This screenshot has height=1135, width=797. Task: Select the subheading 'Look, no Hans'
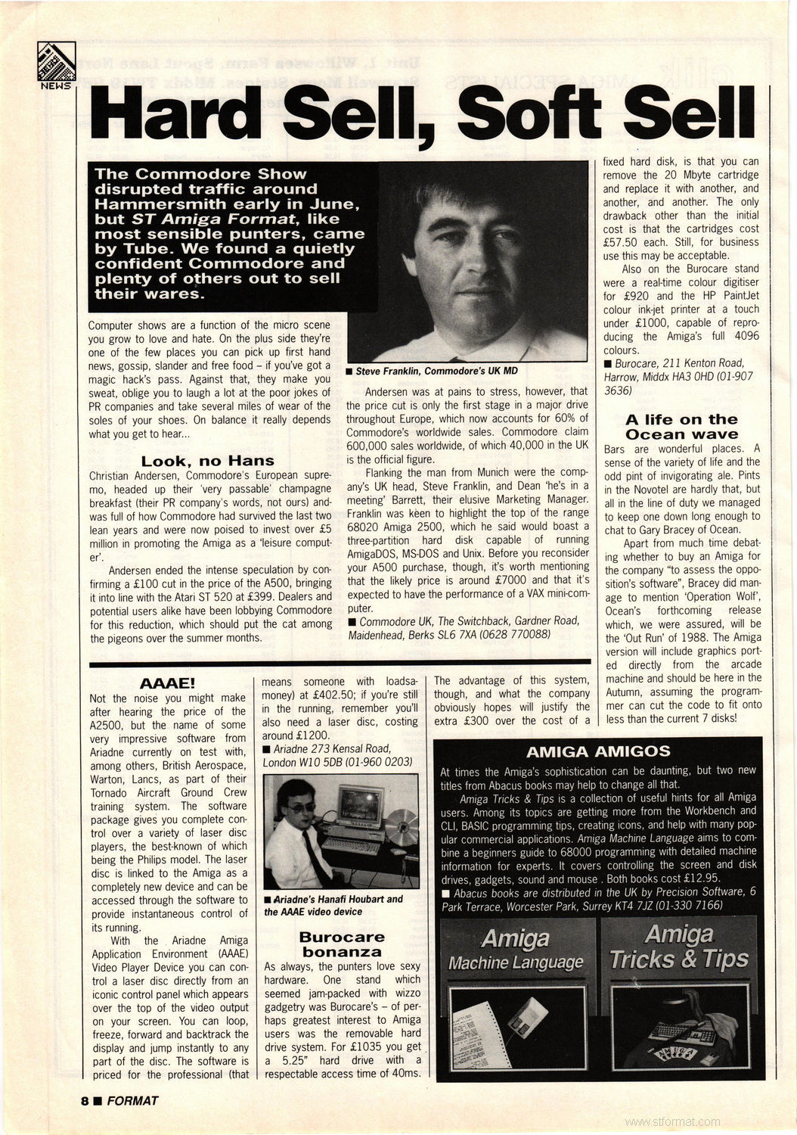pyautogui.click(x=207, y=461)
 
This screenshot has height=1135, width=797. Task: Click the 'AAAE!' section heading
pyautogui.click(x=168, y=684)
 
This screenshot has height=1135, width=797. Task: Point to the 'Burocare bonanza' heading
pyautogui.click(x=342, y=944)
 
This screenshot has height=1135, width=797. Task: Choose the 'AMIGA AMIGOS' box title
pyautogui.click(x=598, y=751)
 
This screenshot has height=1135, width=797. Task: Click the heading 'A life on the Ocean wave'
pyautogui.click(x=681, y=427)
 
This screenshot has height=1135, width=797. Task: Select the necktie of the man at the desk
pyautogui.click(x=315, y=859)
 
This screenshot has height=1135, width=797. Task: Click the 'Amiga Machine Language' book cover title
pyautogui.click(x=516, y=950)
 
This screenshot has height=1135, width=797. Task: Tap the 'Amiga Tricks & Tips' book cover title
pyautogui.click(x=678, y=947)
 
